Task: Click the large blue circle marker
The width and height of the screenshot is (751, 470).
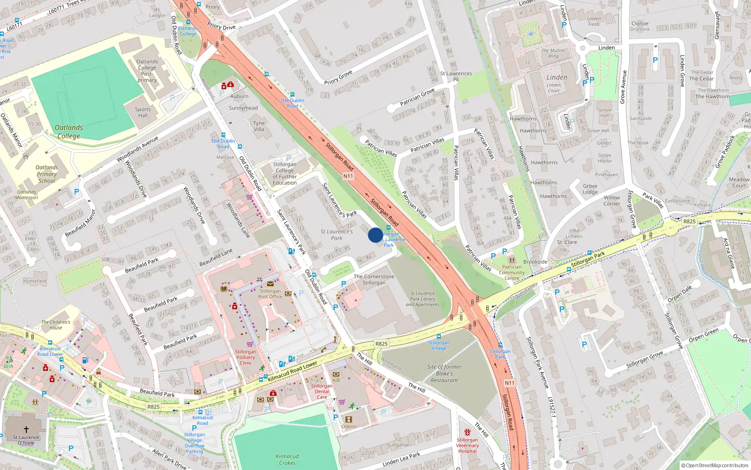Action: point(375,235)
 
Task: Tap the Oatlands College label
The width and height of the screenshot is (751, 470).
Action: point(69,132)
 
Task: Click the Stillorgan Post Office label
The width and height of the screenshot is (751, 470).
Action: point(270,294)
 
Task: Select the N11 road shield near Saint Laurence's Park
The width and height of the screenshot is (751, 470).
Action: point(348,176)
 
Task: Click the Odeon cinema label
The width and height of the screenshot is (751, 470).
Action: point(349,426)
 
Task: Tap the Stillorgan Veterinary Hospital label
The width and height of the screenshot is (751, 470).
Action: point(467,446)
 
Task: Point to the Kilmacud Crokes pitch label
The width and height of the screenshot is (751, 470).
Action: point(287,460)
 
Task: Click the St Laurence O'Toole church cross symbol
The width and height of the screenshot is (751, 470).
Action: point(26,429)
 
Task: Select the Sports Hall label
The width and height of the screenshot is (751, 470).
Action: point(143,112)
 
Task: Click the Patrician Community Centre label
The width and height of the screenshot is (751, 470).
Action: point(512,273)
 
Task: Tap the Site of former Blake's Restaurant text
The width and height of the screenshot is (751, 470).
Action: point(444,374)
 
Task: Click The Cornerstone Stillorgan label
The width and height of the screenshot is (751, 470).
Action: point(374,280)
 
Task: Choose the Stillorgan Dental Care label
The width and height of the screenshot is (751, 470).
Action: point(322,392)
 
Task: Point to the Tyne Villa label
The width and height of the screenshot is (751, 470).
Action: point(259,126)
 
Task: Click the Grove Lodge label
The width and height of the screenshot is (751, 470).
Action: point(590,189)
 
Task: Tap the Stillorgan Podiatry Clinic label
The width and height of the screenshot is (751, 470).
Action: point(245,357)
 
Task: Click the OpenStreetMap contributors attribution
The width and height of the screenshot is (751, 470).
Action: point(714,465)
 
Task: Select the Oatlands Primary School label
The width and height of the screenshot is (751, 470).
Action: point(46,174)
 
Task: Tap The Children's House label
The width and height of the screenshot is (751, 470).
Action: point(55,325)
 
